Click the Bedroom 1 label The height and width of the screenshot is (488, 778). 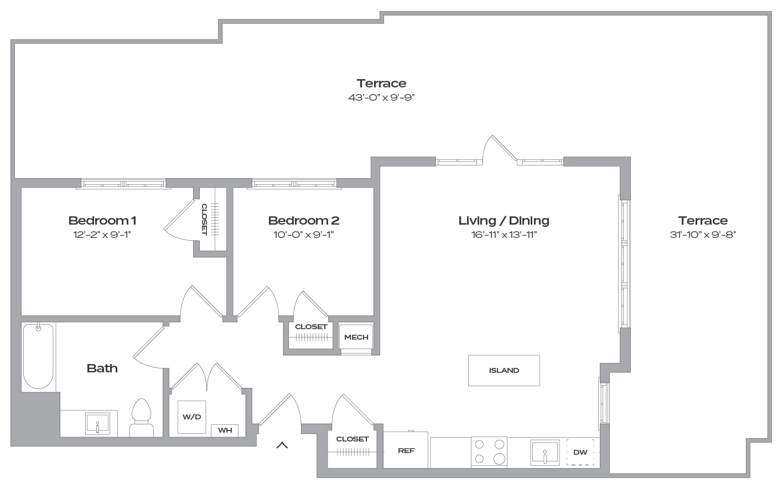[102, 221]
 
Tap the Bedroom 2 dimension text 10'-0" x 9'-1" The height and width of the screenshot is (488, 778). [304, 235]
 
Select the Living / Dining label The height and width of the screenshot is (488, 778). [504, 221]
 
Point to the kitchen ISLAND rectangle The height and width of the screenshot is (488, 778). [504, 370]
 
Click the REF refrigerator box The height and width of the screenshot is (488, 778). [406, 450]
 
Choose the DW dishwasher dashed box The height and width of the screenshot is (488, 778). [580, 452]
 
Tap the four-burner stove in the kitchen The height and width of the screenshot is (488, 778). [489, 451]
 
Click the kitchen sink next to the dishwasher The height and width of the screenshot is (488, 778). [545, 453]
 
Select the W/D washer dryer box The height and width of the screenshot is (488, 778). [191, 417]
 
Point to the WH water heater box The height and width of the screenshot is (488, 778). [225, 430]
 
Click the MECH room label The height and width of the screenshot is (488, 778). [356, 338]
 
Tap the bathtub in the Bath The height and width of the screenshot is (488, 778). [38, 356]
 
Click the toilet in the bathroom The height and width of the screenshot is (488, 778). [141, 418]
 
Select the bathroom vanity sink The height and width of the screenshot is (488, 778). [97, 423]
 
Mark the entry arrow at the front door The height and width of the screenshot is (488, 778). [282, 445]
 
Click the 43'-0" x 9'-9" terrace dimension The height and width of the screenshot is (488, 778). [381, 97]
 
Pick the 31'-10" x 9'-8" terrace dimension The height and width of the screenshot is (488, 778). [703, 235]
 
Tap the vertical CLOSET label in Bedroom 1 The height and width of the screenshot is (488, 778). [204, 220]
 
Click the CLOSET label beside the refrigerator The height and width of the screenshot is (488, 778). [352, 439]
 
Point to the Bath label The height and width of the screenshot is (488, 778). [102, 368]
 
